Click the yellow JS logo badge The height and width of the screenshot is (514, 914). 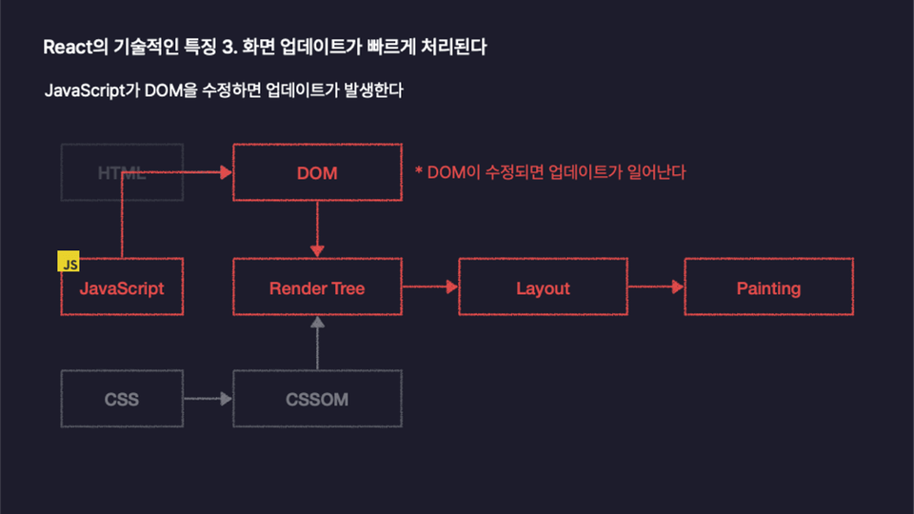[x=69, y=261]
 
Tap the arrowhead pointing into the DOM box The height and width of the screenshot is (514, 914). [x=227, y=172]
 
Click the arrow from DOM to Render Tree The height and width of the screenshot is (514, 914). [x=317, y=229]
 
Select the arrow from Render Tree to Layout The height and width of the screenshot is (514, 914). [x=430, y=287]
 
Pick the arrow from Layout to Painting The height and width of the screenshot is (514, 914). [x=656, y=287]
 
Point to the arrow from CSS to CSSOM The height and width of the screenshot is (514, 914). [x=209, y=399]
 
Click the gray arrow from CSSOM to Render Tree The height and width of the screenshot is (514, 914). [x=317, y=343]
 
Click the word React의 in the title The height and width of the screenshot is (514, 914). [x=76, y=47]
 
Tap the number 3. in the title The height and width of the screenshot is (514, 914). [x=229, y=47]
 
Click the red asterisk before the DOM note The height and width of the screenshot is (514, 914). [x=419, y=170]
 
